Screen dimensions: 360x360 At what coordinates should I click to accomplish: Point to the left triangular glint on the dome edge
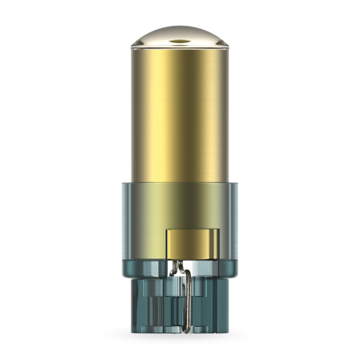135,43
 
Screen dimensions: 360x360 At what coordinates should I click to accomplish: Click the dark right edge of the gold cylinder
226,112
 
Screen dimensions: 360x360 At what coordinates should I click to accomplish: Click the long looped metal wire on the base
191,297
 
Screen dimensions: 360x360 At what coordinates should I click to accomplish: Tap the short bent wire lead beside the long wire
175,270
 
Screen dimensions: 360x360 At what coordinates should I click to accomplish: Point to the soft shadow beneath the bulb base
180,338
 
